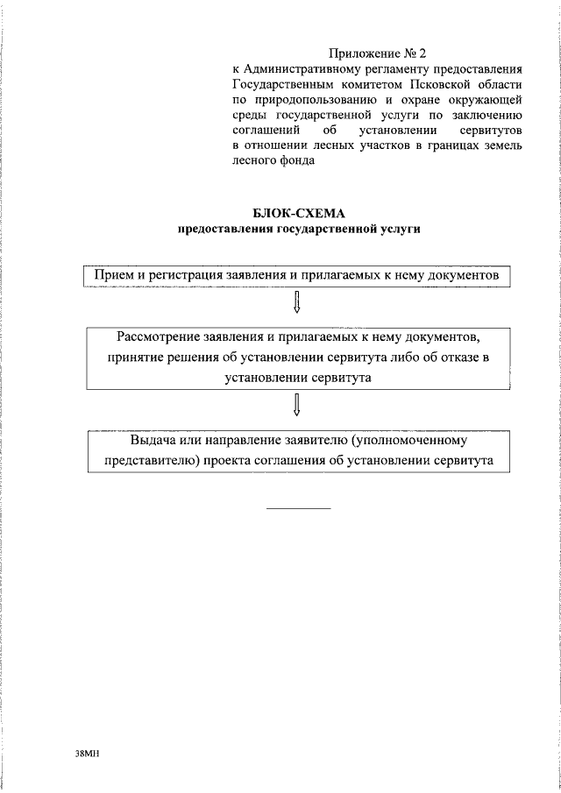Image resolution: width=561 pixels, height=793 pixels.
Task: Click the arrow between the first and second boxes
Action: [298, 301]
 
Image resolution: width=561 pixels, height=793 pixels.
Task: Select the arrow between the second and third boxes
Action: [298, 404]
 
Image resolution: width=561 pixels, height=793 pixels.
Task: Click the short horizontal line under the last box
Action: [298, 508]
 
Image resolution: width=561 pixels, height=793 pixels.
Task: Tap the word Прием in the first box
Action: [110, 274]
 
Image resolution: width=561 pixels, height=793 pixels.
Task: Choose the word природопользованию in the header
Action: [312, 100]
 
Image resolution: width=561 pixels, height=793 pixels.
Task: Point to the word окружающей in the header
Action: [487, 100]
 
